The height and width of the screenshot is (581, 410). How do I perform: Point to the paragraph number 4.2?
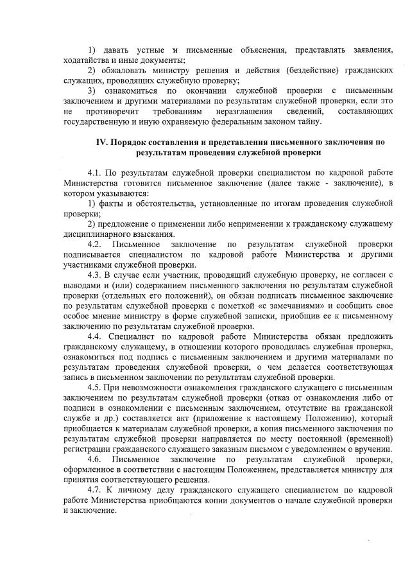click(x=95, y=245)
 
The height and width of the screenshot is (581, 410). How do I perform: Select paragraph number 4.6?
click(x=95, y=459)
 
